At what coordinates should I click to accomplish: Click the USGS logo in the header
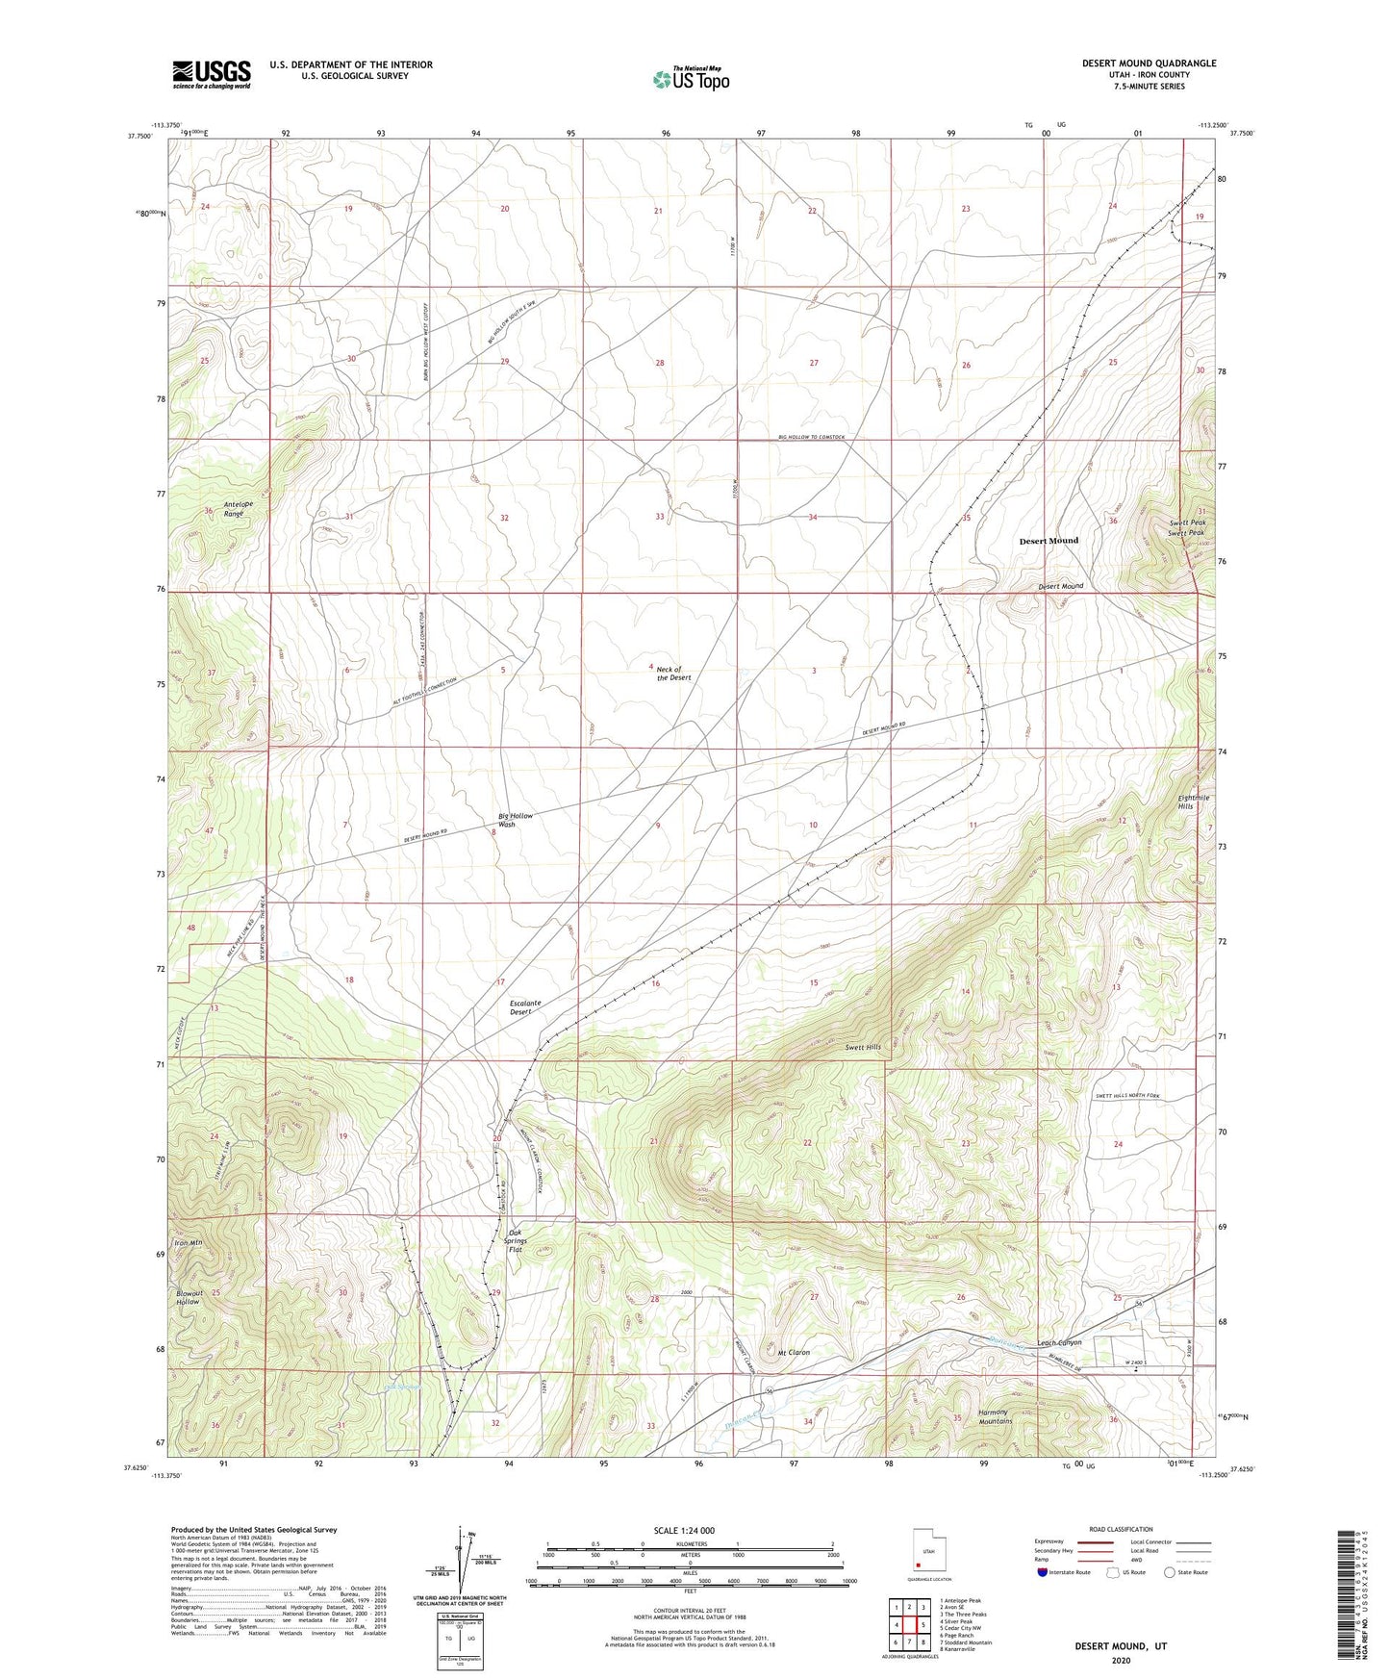click(211, 74)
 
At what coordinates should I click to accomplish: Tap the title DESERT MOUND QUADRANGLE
click(1149, 64)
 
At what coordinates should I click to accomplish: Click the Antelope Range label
click(235, 509)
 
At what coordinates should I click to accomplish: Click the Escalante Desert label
click(524, 1007)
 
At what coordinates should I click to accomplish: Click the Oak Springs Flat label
click(515, 1241)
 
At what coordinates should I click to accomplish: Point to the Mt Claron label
click(794, 1352)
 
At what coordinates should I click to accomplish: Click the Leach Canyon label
click(1059, 1342)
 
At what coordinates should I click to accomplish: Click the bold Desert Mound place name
click(1049, 541)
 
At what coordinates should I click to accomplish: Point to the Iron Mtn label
click(188, 1243)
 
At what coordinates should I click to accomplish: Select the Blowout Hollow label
click(188, 1298)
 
